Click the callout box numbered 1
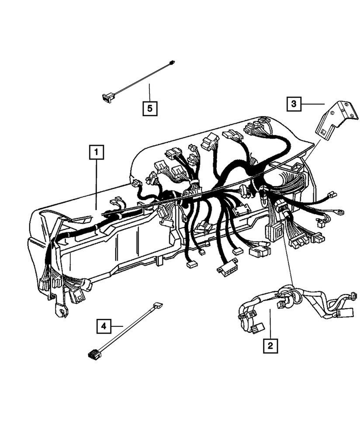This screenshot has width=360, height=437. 97,152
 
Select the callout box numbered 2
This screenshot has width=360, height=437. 270,346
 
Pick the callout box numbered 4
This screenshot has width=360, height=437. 104,326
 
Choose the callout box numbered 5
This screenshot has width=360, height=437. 149,108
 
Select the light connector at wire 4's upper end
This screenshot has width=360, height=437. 158,306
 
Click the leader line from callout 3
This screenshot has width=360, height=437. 313,104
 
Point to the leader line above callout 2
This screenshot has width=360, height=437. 270,323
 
